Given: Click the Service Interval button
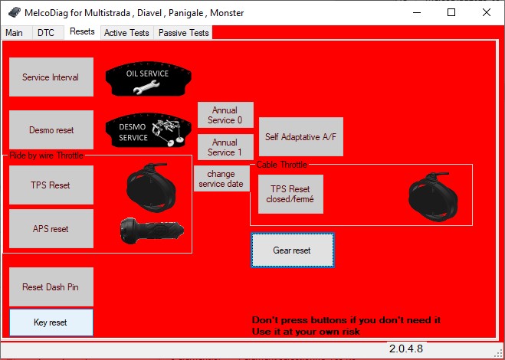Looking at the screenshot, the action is [x=51, y=77].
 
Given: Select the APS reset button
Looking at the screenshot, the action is [x=51, y=228].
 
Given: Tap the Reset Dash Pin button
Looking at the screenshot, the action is [x=51, y=287].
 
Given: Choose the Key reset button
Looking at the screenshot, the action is [x=51, y=322].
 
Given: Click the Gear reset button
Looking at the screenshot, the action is [x=293, y=250].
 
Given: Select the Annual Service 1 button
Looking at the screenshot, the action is [x=225, y=147].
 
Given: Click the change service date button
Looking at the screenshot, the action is [x=221, y=178].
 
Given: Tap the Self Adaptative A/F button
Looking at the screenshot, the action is [x=301, y=137].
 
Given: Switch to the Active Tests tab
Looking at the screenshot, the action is [x=127, y=33].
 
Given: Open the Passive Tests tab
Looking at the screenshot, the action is [x=183, y=33].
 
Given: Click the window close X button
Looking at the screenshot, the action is [x=487, y=12].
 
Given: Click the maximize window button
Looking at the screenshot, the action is [x=451, y=12].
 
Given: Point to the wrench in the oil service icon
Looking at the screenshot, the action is [x=146, y=87].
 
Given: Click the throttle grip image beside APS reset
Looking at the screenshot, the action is [x=152, y=231].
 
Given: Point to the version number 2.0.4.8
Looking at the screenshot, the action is [x=406, y=349].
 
